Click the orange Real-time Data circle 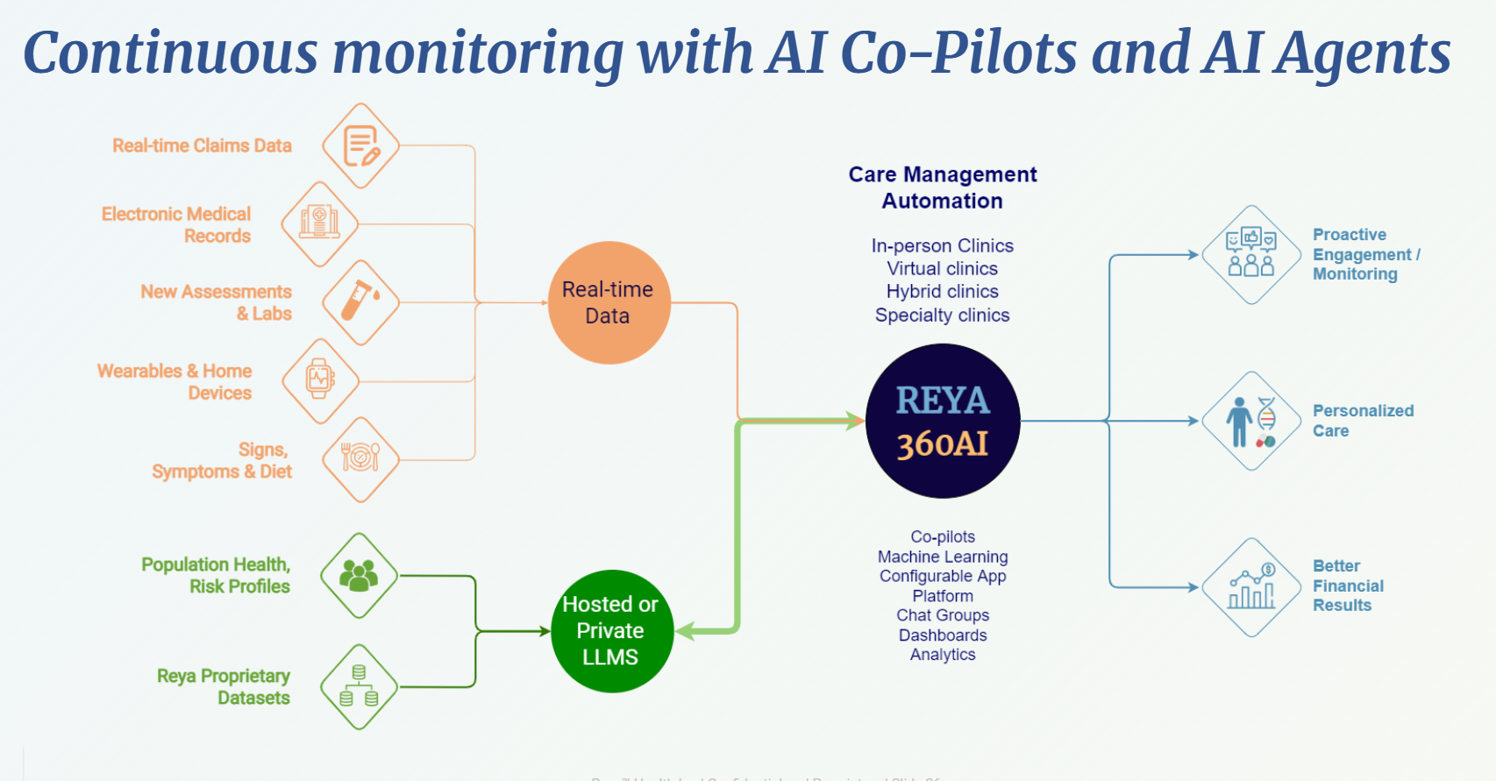(609, 302)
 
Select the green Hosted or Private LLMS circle (611, 631)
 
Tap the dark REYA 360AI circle (943, 422)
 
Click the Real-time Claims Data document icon (361, 146)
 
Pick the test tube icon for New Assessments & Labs (360, 302)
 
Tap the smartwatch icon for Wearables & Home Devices (320, 380)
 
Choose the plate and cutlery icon (360, 458)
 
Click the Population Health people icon (359, 576)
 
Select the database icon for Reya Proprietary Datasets (359, 686)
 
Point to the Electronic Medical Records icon (319, 224)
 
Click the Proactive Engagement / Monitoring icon (1251, 254)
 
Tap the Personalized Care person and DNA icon (1251, 422)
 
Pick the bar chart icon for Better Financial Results (1251, 587)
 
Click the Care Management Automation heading (943, 188)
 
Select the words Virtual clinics (943, 268)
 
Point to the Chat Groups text (943, 615)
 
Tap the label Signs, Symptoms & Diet (223, 460)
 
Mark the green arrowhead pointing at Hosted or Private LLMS (687, 631)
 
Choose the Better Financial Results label (1348, 586)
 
